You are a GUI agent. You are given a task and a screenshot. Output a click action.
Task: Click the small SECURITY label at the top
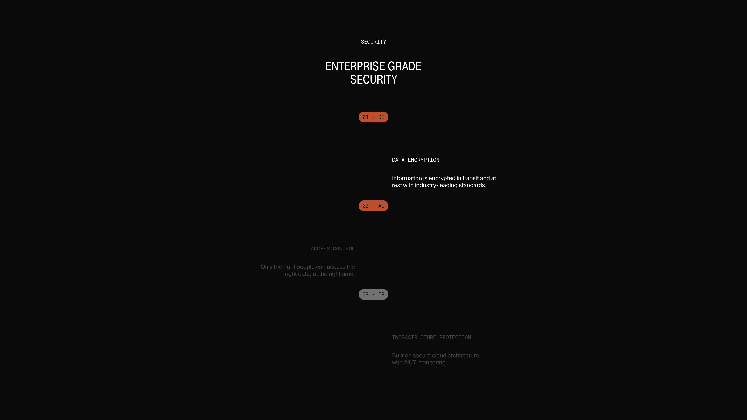(x=373, y=42)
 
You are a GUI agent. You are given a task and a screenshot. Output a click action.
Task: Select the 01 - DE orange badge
(x=373, y=117)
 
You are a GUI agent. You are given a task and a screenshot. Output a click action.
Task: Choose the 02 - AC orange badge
(x=373, y=206)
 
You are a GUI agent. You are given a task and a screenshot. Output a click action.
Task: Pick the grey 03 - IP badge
(x=373, y=295)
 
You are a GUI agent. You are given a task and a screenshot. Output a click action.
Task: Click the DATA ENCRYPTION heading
(x=416, y=160)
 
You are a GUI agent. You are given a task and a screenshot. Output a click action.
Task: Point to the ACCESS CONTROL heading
(x=333, y=249)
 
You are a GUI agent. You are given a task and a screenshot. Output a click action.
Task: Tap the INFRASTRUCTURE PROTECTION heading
(x=431, y=337)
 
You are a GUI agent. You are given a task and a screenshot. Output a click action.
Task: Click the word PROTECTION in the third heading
(x=455, y=337)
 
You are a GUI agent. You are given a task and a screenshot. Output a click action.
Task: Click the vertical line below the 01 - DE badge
(x=373, y=161)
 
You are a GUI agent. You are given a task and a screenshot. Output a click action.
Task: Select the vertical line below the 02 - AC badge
(x=373, y=250)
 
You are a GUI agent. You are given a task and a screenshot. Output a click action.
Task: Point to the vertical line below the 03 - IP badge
(x=373, y=339)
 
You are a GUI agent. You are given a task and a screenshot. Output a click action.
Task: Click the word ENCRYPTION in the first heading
(x=424, y=160)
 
